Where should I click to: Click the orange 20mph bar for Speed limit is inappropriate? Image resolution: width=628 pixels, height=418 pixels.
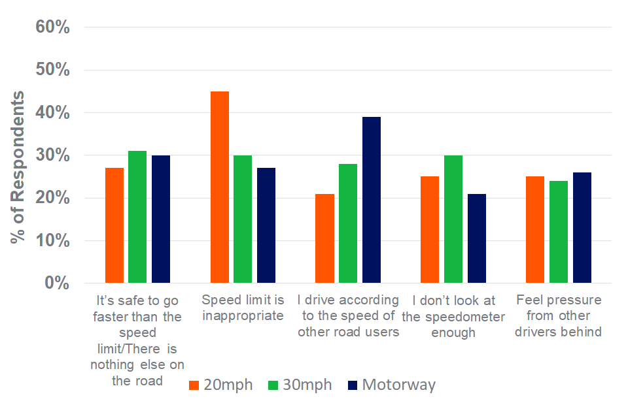[x=220, y=187]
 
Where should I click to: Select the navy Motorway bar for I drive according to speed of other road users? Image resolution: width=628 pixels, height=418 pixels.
[x=372, y=200]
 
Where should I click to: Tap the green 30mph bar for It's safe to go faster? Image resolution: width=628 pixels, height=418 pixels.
[x=137, y=217]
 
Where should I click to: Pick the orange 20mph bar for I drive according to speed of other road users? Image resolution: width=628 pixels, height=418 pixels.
[x=324, y=238]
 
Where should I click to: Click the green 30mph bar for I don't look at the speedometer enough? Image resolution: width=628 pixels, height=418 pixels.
[x=453, y=219]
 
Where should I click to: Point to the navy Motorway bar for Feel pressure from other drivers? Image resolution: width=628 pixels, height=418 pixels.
[x=582, y=227]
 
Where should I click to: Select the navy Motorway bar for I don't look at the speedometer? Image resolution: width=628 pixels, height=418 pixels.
[x=477, y=238]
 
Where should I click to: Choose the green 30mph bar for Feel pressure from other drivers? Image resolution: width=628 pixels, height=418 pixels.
[x=559, y=232]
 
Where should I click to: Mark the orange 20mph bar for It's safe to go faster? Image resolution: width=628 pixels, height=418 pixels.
[x=114, y=225]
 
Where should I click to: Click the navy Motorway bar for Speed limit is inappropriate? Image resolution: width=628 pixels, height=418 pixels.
[x=266, y=225]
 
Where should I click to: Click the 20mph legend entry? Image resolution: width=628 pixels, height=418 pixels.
[x=220, y=385]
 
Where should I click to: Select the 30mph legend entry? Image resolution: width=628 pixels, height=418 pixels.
[x=300, y=385]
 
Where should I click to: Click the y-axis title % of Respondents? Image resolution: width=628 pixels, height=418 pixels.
[x=18, y=167]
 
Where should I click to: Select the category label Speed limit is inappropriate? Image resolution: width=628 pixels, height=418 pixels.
[x=243, y=308]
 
